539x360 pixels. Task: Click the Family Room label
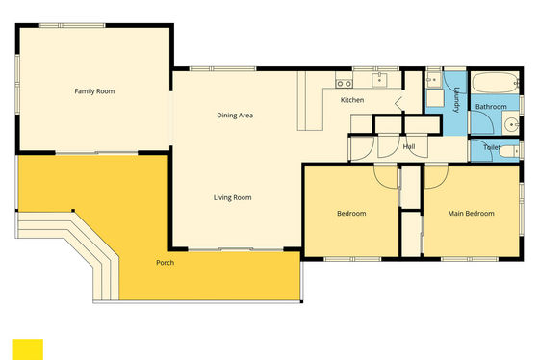click(94, 91)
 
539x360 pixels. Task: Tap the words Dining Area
click(235, 116)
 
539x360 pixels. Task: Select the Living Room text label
click(232, 197)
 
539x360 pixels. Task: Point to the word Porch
click(165, 263)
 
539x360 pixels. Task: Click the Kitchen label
click(352, 100)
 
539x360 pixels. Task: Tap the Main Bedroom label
click(471, 213)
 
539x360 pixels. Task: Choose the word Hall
click(409, 147)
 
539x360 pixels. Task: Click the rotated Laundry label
click(456, 100)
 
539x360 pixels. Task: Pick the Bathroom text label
click(491, 107)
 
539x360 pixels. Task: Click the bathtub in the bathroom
click(496, 83)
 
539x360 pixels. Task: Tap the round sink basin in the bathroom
click(512, 124)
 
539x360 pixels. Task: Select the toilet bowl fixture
click(509, 151)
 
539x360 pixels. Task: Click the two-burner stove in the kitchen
click(345, 83)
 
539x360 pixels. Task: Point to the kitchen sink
click(379, 80)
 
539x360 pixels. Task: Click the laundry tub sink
click(434, 80)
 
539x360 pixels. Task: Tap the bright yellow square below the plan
click(28, 349)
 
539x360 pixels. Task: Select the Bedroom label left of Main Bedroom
click(351, 213)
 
